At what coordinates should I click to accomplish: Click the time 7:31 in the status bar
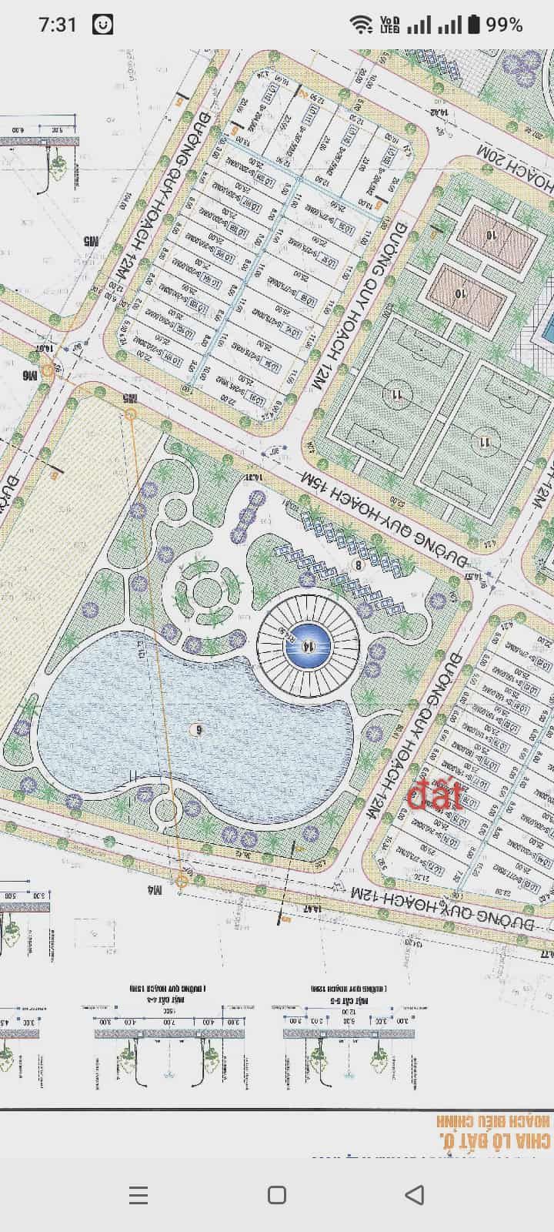[58, 25]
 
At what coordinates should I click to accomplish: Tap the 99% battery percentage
[504, 25]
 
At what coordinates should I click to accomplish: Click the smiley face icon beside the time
[102, 25]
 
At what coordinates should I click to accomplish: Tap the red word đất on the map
[436, 796]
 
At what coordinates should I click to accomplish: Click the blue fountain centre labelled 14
[308, 645]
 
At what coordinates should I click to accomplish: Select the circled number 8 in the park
[357, 564]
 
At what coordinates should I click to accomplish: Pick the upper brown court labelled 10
[492, 234]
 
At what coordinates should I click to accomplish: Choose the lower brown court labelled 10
[460, 293]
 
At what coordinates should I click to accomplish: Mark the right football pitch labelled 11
[485, 441]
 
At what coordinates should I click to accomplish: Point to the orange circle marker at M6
[48, 370]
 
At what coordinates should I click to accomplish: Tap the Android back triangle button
[415, 1194]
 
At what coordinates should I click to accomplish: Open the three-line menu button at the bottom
[138, 1194]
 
